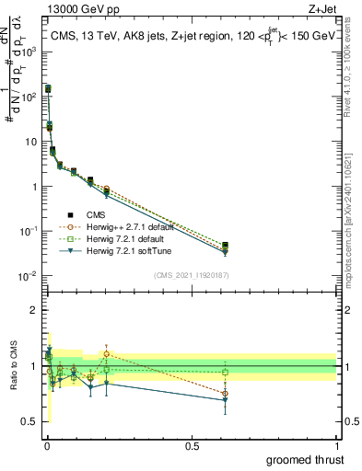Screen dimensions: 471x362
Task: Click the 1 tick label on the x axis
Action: pyautogui.click(x=336, y=445)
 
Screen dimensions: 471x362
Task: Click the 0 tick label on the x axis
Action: pyautogui.click(x=47, y=445)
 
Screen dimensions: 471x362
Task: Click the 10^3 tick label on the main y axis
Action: pyautogui.click(x=28, y=52)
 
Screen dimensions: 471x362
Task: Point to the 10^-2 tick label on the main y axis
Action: pyautogui.click(x=28, y=276)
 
